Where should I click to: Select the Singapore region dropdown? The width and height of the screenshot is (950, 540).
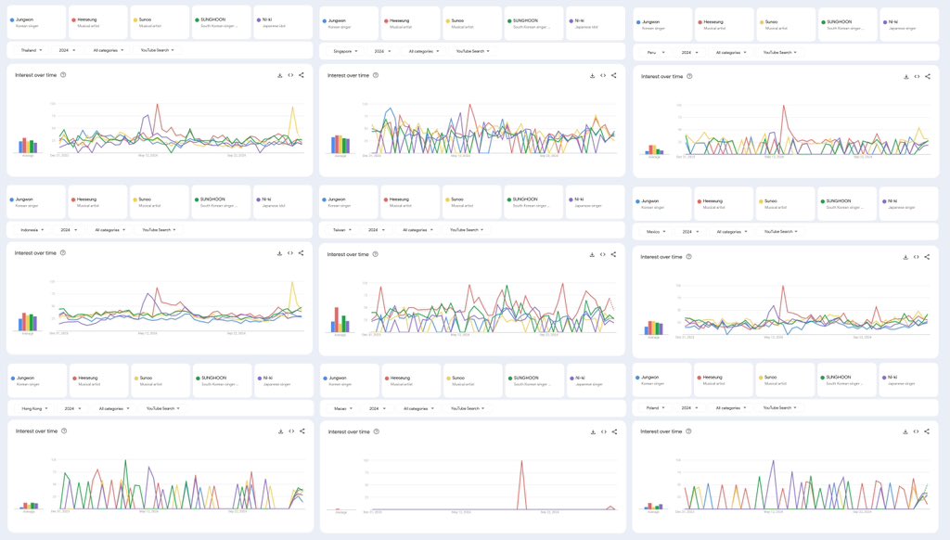345,51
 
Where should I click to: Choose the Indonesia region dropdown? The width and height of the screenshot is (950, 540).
34,229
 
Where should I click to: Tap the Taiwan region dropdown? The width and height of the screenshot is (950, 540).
342,229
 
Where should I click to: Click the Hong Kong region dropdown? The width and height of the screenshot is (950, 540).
36,408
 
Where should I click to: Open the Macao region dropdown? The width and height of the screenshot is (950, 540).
342,408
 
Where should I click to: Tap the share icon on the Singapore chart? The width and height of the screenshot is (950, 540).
613,75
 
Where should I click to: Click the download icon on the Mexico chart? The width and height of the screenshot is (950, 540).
905,257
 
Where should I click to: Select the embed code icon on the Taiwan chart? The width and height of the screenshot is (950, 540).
602,254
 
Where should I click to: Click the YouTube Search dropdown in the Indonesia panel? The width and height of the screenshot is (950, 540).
160,229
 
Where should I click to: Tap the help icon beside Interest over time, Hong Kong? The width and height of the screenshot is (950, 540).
63,431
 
